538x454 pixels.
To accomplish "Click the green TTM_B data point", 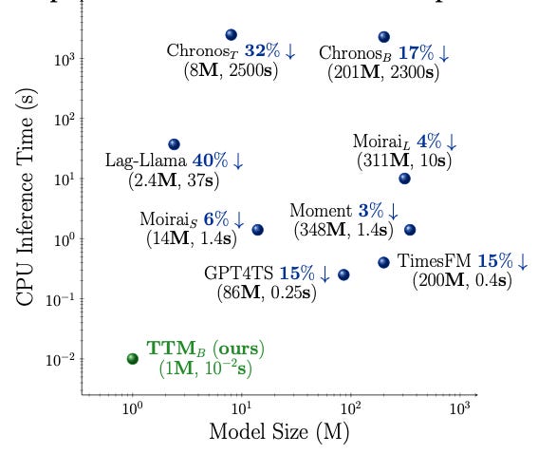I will tap(133, 358).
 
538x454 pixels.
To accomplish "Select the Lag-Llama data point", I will tap(174, 144).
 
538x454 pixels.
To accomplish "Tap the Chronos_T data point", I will tap(231, 34).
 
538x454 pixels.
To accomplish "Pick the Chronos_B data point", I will tap(383, 36).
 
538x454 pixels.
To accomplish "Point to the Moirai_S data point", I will tap(257, 230).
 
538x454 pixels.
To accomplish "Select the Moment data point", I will tap(410, 230).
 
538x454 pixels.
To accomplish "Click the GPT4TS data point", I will tap(343, 274).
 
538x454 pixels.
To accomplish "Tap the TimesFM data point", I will tap(383, 262).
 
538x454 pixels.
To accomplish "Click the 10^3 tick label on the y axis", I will tap(65, 59).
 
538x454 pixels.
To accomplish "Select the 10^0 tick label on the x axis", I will tap(133, 408).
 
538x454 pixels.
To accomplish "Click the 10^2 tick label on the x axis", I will tap(351, 408).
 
